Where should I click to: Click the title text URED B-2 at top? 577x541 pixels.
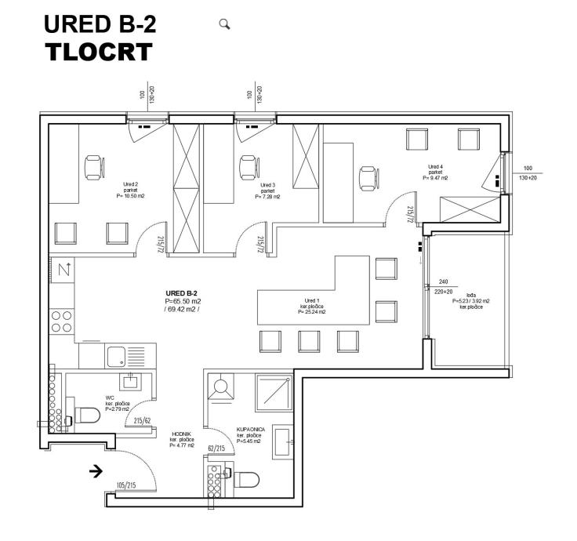(x=100, y=24)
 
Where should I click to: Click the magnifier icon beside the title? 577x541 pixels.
(x=224, y=24)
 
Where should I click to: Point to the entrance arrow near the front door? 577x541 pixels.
(x=96, y=471)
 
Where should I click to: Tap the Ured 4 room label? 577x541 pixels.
(x=435, y=167)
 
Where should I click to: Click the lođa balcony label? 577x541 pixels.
(x=470, y=296)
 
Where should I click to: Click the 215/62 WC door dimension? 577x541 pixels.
(x=142, y=421)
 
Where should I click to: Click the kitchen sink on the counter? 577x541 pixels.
(x=117, y=355)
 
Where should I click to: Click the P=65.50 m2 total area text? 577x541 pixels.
(x=183, y=301)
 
